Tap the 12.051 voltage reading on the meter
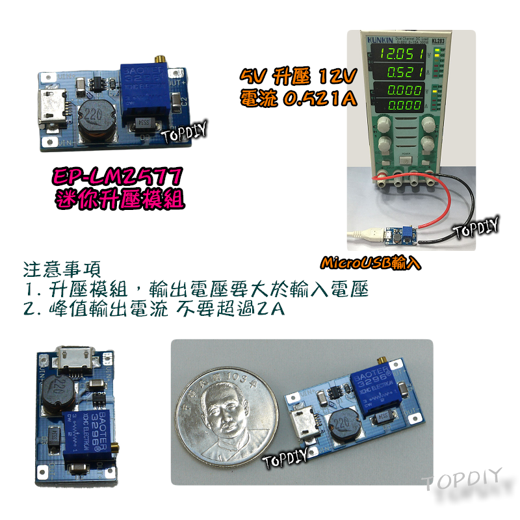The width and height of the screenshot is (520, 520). [403, 53]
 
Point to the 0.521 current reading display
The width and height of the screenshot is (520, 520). [403, 71]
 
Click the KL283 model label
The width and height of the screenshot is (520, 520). [437, 40]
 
